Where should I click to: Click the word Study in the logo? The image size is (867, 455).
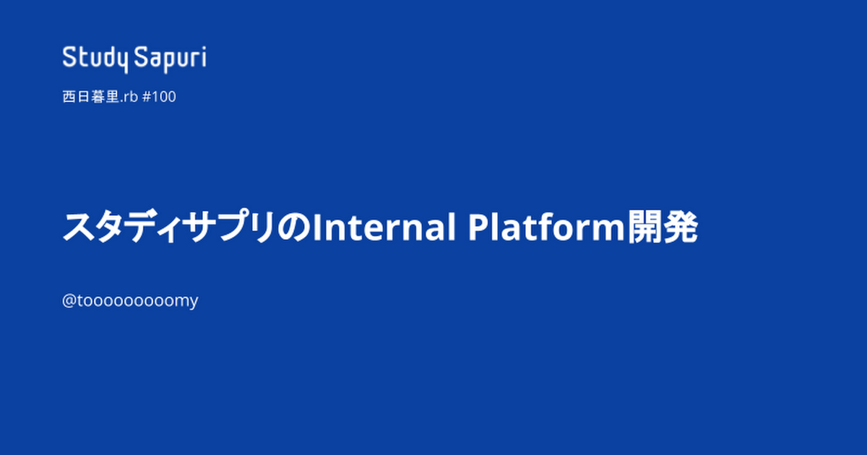[95, 59]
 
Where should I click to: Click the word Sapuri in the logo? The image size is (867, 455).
[171, 59]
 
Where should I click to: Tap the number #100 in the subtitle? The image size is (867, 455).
[159, 97]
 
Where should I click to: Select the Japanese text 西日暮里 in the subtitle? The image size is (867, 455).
[90, 97]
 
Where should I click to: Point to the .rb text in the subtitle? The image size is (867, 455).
[129, 97]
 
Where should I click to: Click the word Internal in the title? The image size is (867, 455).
[384, 227]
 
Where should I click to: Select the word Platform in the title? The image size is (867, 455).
[546, 227]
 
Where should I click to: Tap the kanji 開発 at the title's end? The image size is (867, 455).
[663, 227]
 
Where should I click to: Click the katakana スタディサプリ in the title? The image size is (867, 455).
[169, 227]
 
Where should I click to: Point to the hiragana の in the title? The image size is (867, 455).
[294, 227]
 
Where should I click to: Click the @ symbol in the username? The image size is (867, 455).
[69, 300]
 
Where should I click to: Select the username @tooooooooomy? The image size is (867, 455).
[130, 301]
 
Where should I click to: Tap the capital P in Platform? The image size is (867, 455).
[478, 227]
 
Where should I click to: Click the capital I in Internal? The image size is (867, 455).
[316, 227]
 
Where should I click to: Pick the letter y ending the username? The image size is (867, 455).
[193, 303]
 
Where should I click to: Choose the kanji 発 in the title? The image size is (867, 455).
[681, 227]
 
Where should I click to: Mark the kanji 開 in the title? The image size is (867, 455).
[644, 227]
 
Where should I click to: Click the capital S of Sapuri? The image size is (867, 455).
[142, 57]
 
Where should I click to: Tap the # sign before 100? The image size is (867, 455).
[146, 97]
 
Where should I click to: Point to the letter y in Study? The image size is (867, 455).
[122, 62]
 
